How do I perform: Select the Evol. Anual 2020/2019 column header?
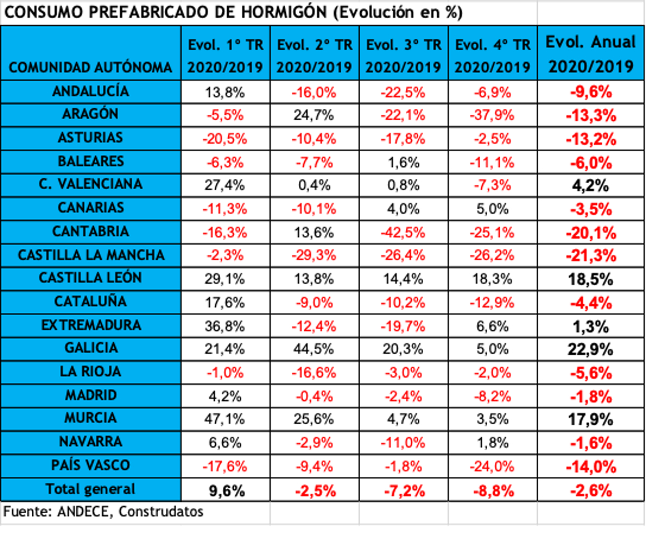click(x=591, y=54)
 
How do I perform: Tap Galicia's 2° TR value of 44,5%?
click(x=314, y=348)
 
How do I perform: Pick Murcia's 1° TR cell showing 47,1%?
click(x=225, y=418)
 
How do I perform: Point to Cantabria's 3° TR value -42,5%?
click(x=403, y=232)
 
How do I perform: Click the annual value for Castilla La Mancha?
click(x=591, y=255)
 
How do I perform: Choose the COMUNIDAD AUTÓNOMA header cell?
click(x=91, y=67)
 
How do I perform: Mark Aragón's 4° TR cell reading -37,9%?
click(x=493, y=114)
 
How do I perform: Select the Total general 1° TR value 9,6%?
click(x=225, y=490)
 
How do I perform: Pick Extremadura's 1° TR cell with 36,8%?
click(x=225, y=325)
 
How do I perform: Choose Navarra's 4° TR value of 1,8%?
click(x=493, y=442)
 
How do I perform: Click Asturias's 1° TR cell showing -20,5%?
click(x=225, y=138)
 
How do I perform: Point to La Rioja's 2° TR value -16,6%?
click(x=314, y=372)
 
